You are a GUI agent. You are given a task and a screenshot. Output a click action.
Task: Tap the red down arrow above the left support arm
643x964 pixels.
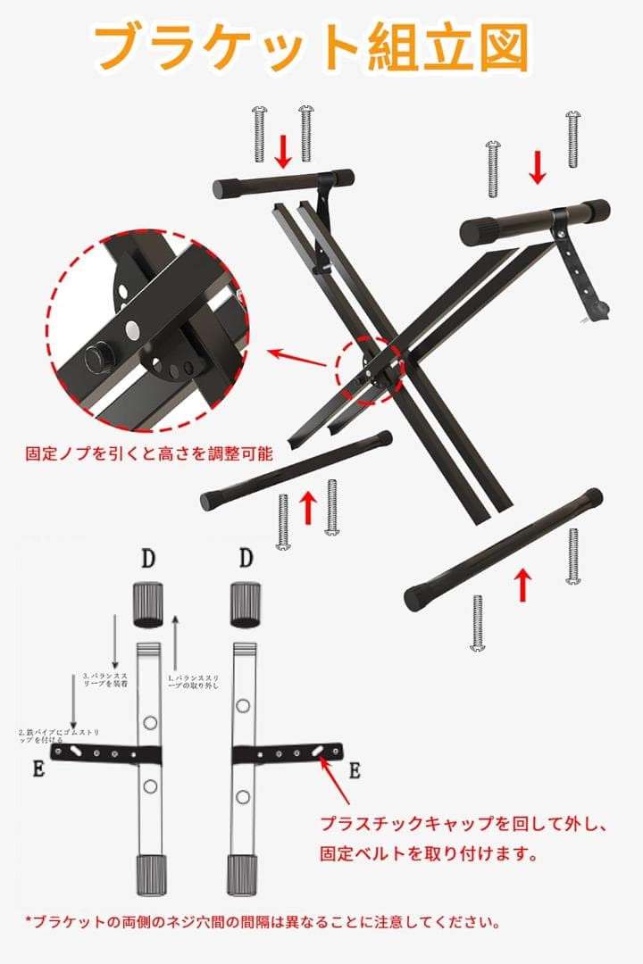pos(283,151)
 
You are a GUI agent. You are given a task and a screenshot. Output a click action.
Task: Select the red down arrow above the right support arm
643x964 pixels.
pos(538,167)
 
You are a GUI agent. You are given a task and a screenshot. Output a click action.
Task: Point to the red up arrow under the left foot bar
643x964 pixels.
pos(308,507)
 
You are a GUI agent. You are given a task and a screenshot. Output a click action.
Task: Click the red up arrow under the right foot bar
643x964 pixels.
pos(523,585)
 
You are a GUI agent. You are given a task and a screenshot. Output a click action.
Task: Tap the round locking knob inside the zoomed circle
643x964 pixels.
pos(94,360)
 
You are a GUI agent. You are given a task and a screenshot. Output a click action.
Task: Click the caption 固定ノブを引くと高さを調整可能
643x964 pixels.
pos(149,453)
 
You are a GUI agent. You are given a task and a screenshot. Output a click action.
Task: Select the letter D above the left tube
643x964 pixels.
pos(147,560)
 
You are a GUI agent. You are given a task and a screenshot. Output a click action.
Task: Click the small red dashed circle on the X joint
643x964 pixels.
pos(370,369)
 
